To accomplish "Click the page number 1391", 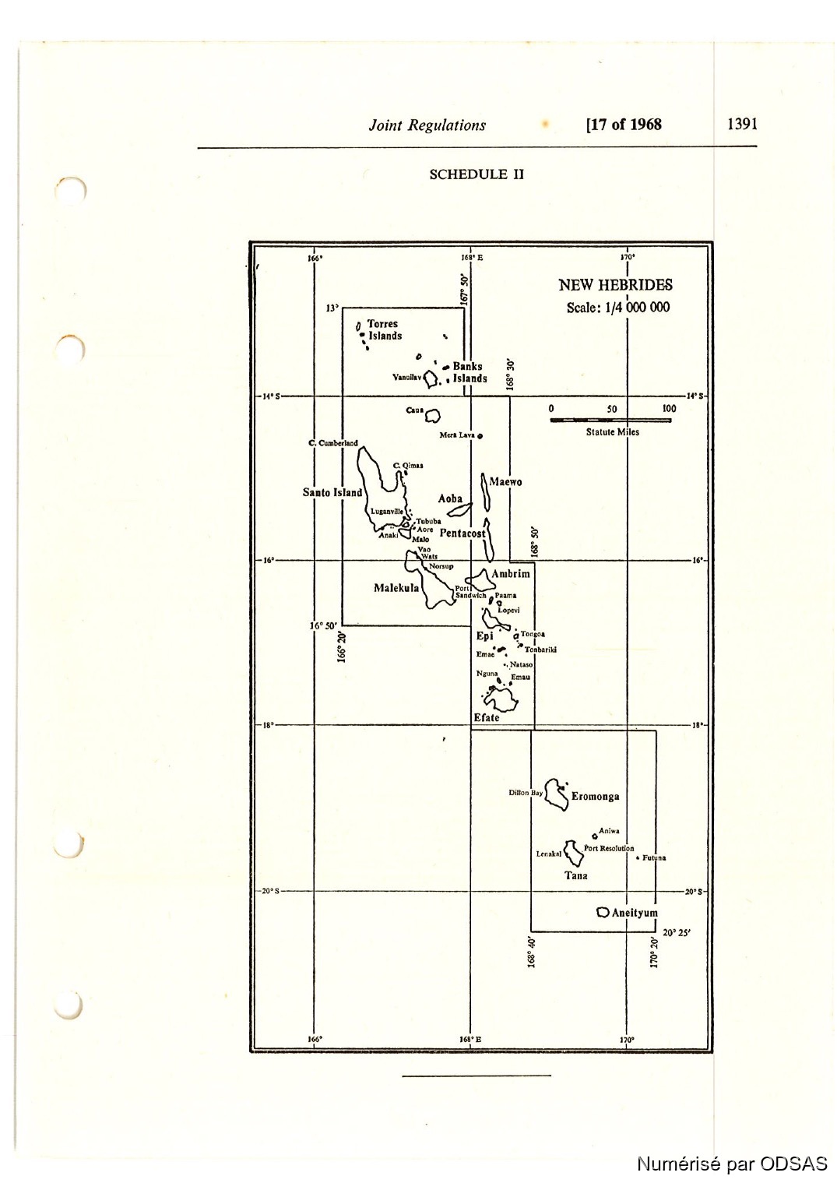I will pyautogui.click(x=742, y=124).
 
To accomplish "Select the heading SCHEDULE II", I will pyautogui.click(x=477, y=174).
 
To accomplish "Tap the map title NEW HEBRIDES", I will pyautogui.click(x=615, y=285).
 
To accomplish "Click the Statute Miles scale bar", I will pyautogui.click(x=610, y=421).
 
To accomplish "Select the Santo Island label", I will pyautogui.click(x=332, y=492).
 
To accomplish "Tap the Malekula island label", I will pyautogui.click(x=396, y=588).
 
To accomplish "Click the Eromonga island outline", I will pyautogui.click(x=556, y=794).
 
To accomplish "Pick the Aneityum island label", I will pyautogui.click(x=635, y=913).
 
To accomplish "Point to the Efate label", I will pyautogui.click(x=487, y=717).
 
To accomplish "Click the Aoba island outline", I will pyautogui.click(x=460, y=510).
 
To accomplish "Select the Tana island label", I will pyautogui.click(x=576, y=875).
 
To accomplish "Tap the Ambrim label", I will pyautogui.click(x=510, y=574).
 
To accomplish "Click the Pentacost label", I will pyautogui.click(x=462, y=533).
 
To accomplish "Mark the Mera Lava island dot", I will pyautogui.click(x=480, y=435).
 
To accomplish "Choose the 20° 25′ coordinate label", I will pyautogui.click(x=677, y=932).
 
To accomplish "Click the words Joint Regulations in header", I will pyautogui.click(x=427, y=125).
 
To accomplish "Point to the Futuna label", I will pyautogui.click(x=654, y=858).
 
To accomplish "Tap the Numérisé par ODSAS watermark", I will pyautogui.click(x=732, y=1164).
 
